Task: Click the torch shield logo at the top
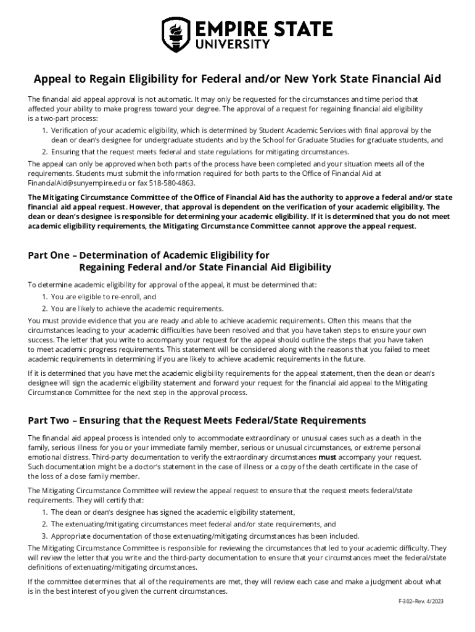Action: (x=173, y=34)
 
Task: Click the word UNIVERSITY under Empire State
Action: (x=233, y=44)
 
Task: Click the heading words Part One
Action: (x=50, y=255)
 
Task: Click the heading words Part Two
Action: (x=50, y=420)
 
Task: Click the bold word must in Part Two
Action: (x=326, y=457)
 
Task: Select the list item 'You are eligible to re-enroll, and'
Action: (x=99, y=297)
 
